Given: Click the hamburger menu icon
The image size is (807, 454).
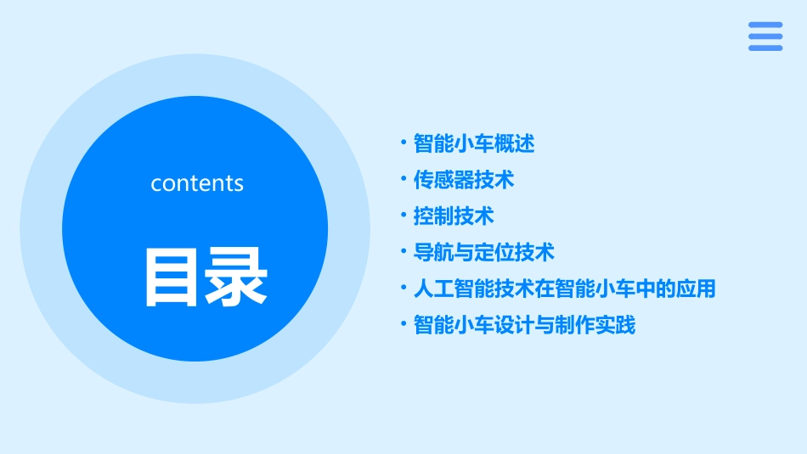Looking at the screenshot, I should coord(765,36).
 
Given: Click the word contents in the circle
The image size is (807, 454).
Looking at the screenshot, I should coord(197,183).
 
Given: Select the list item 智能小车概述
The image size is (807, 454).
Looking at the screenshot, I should coord(474,143).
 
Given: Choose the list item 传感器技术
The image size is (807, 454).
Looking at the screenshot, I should coord(464,180).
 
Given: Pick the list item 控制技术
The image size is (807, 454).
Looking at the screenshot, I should coord(454,216).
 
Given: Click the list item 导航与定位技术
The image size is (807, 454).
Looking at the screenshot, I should coord(484,252).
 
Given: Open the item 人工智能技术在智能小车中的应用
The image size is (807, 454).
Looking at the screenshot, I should coord(565,289).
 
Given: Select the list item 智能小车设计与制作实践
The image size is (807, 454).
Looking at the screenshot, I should coord(525,325).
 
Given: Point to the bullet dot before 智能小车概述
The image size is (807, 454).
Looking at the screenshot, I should coord(403,143).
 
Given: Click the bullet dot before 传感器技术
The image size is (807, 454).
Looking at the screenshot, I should coord(403,179).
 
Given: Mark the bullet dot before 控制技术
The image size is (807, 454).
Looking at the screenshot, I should coord(403,216).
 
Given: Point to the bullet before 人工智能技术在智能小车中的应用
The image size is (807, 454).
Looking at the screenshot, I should coord(403,288).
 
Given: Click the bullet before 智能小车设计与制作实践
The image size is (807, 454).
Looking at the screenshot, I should coord(403,324).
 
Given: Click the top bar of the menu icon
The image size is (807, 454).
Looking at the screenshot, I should coord(765,25).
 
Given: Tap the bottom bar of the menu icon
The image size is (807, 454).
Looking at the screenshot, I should coord(765,48).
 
